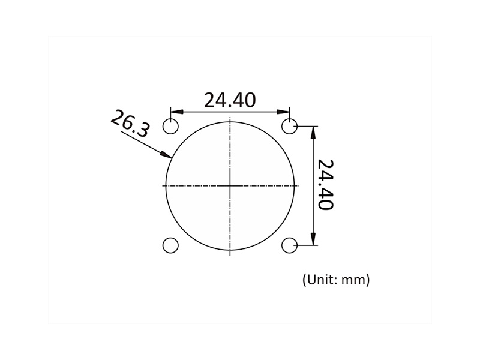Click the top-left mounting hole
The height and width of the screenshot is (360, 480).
[171, 127]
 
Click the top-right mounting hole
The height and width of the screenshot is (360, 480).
[290, 127]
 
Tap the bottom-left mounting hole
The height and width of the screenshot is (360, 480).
[171, 245]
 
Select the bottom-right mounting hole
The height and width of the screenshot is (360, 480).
[290, 245]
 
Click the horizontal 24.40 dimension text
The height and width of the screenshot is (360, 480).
[230, 100]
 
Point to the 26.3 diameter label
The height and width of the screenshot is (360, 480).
[130, 125]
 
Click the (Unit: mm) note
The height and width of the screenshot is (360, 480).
[335, 279]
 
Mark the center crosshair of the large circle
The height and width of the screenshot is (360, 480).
[230, 186]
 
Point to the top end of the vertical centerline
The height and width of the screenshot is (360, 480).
[230, 116]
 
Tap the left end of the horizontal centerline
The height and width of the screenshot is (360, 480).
[162, 186]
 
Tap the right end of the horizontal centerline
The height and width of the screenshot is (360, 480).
[298, 186]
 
